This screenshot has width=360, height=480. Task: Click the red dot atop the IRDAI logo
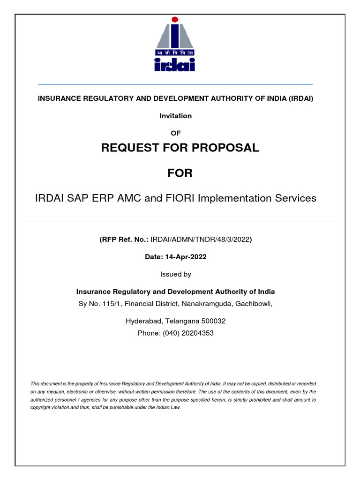175,20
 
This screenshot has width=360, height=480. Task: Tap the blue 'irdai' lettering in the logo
175,65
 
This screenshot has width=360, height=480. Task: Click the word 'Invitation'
175,116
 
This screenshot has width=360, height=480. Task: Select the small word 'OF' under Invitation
175,133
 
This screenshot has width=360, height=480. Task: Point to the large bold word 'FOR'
180,173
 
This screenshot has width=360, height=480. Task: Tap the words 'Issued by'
175,274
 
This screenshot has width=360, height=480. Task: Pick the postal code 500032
214,321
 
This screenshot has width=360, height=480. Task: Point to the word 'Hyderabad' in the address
142,321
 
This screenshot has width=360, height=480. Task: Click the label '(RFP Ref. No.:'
123,240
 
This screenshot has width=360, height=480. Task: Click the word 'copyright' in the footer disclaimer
42,408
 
